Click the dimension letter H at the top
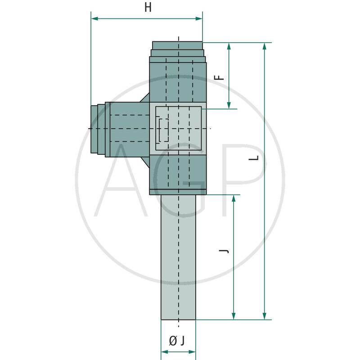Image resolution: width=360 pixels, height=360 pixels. point(148,8)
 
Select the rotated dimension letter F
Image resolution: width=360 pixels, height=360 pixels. point(219,76)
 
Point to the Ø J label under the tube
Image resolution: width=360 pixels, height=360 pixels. point(177,341)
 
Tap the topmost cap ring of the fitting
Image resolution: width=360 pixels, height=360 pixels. point(177,45)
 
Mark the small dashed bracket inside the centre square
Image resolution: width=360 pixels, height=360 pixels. point(162,130)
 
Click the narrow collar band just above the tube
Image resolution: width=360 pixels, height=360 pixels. point(178,192)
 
